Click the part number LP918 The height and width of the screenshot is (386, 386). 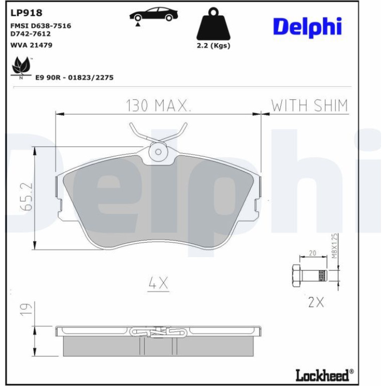(27, 13)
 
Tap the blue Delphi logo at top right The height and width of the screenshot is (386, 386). (307, 27)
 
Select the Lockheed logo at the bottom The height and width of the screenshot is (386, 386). (325, 375)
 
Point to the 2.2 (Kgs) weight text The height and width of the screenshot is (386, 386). (214, 46)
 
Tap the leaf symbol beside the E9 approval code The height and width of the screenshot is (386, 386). (21, 67)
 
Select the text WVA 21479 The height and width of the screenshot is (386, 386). (31, 45)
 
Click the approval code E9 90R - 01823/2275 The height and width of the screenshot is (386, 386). (74, 78)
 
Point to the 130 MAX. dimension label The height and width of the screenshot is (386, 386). (158, 105)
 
